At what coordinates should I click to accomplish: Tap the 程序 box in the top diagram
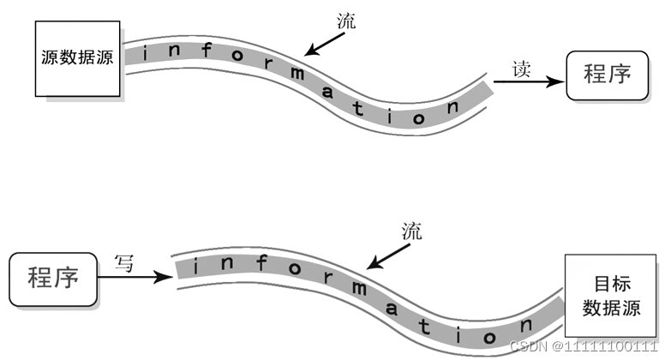point(607,75)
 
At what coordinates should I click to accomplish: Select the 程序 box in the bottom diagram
point(54,277)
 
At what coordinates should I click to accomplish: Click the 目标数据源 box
point(612,294)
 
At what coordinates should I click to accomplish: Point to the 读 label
point(524,68)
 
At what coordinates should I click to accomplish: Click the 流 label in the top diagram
point(346,22)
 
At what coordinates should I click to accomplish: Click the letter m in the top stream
point(297,75)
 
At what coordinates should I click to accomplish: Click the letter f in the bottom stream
point(257,264)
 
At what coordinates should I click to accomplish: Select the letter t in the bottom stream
point(425,324)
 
